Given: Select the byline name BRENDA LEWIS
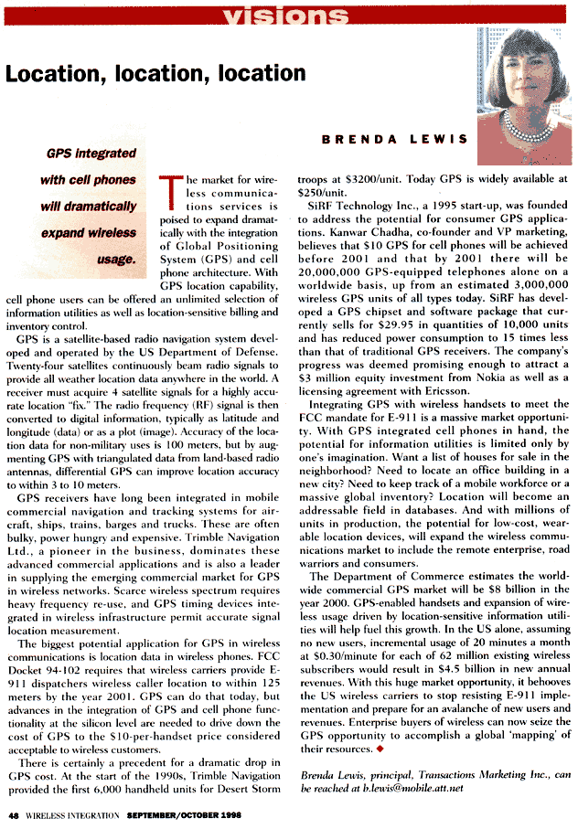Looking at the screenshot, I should point(394,139).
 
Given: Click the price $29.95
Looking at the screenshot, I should point(409,314).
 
